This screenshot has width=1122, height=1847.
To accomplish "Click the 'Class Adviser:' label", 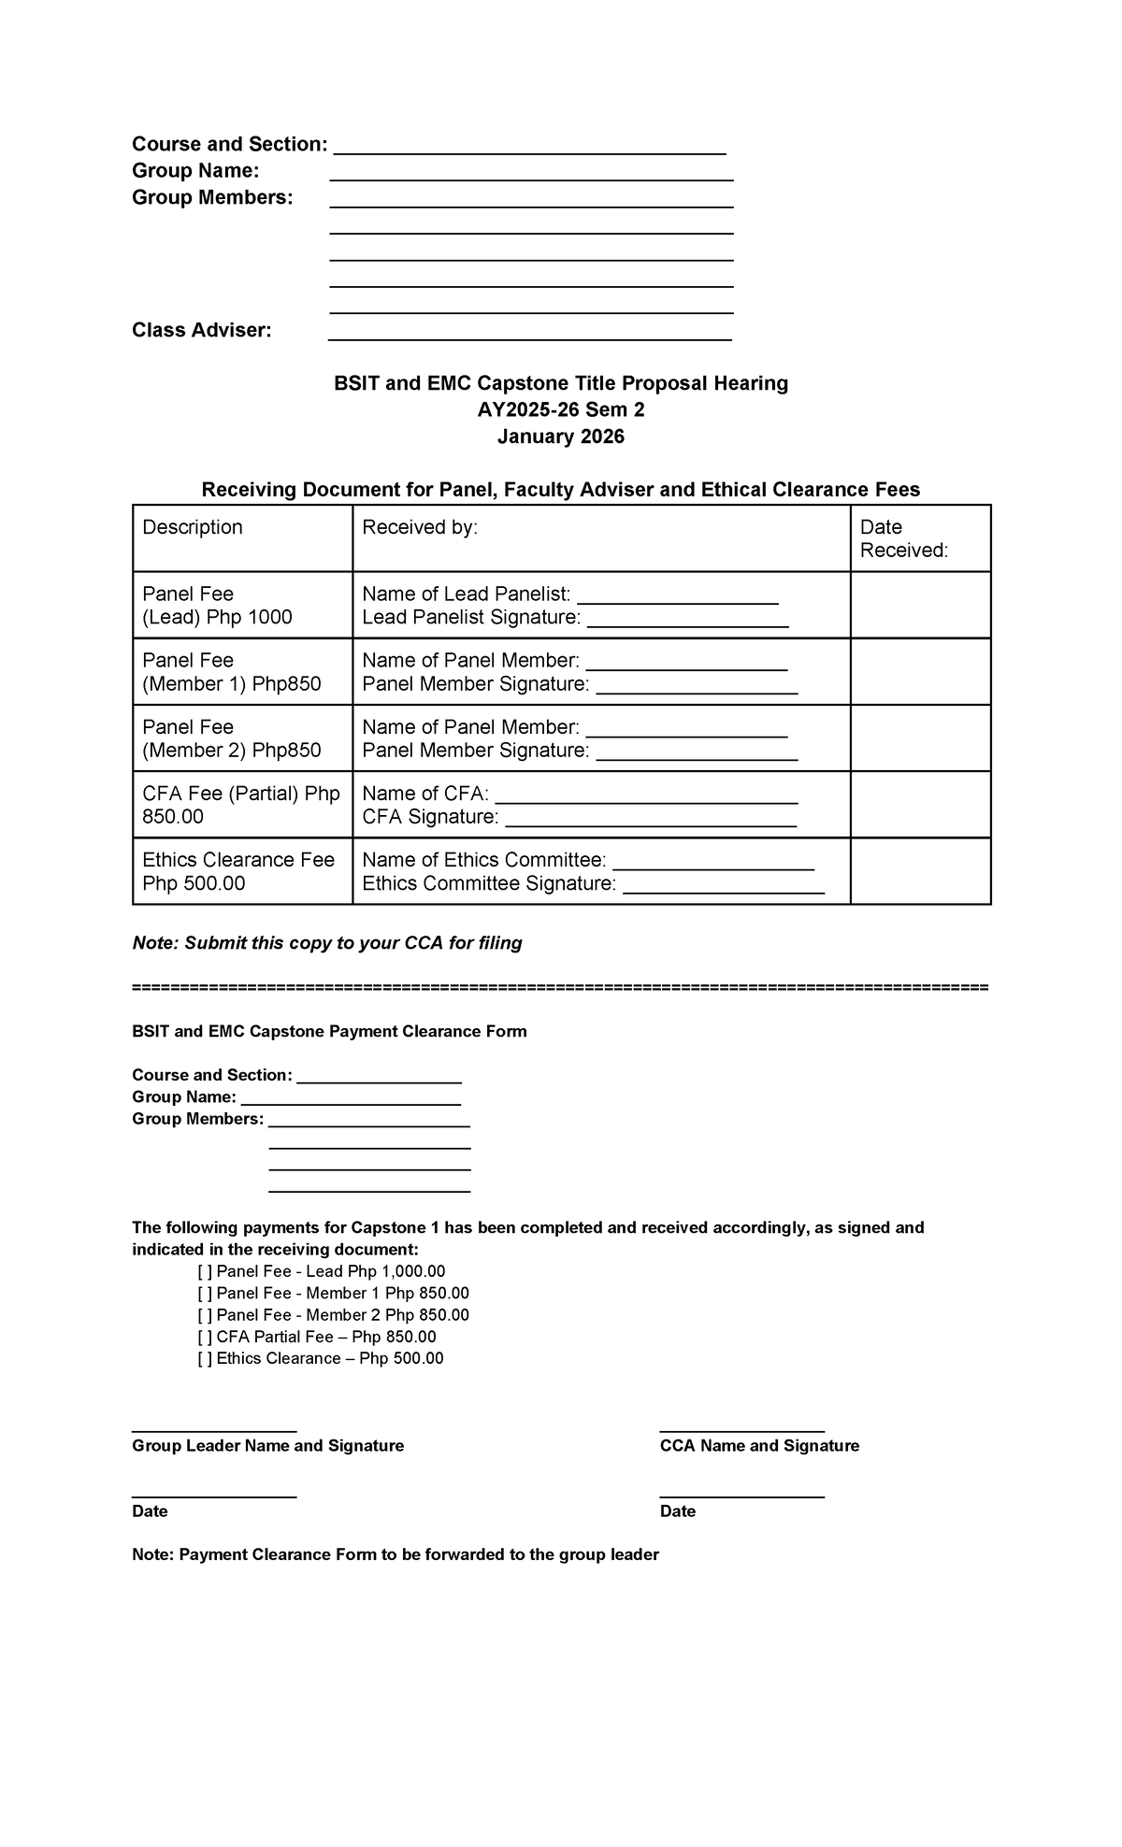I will tap(201, 330).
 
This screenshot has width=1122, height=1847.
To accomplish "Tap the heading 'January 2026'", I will tap(560, 437).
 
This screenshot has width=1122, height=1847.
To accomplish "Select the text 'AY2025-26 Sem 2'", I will tap(560, 410).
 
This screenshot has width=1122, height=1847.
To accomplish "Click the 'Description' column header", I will tap(193, 527).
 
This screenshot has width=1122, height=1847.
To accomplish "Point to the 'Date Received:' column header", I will tap(903, 538).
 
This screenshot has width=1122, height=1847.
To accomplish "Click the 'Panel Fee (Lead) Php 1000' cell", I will tap(217, 606).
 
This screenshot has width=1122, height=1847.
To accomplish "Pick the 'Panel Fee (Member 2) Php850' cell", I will tap(231, 738).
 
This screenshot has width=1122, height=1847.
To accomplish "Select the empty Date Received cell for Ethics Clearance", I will tap(920, 871).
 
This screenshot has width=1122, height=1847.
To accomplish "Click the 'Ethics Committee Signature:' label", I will tap(489, 884).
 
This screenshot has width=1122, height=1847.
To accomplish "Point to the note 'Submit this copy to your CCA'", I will tap(327, 943).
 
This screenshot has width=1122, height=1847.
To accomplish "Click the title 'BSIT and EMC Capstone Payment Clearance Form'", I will tap(329, 1032).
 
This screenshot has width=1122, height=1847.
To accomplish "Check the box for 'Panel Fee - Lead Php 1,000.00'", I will tap(205, 1271).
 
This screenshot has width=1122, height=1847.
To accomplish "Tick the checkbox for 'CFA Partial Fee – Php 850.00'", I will tap(205, 1337).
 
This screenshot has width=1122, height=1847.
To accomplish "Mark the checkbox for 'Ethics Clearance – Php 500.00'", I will tap(205, 1358).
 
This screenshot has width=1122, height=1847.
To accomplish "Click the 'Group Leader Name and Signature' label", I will tap(267, 1446).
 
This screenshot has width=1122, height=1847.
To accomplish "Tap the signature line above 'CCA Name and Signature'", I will tap(741, 1429).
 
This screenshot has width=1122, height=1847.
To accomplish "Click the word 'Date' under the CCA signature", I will tap(677, 1511).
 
